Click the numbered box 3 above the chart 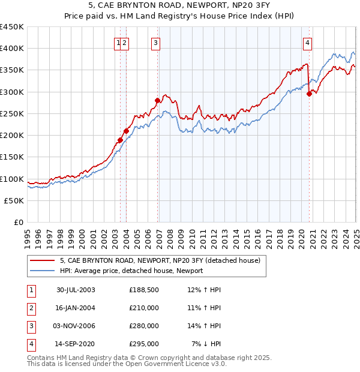(x=155, y=43)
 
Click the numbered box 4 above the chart (x=307, y=43)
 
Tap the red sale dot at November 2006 (x=157, y=101)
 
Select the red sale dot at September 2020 (x=309, y=94)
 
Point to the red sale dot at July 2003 (x=120, y=140)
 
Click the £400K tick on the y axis (x=12, y=49)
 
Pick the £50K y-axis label (x=14, y=201)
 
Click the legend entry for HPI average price (x=131, y=271)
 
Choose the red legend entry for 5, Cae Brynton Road (x=160, y=260)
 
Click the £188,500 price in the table (x=144, y=290)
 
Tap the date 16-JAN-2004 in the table (x=76, y=308)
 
